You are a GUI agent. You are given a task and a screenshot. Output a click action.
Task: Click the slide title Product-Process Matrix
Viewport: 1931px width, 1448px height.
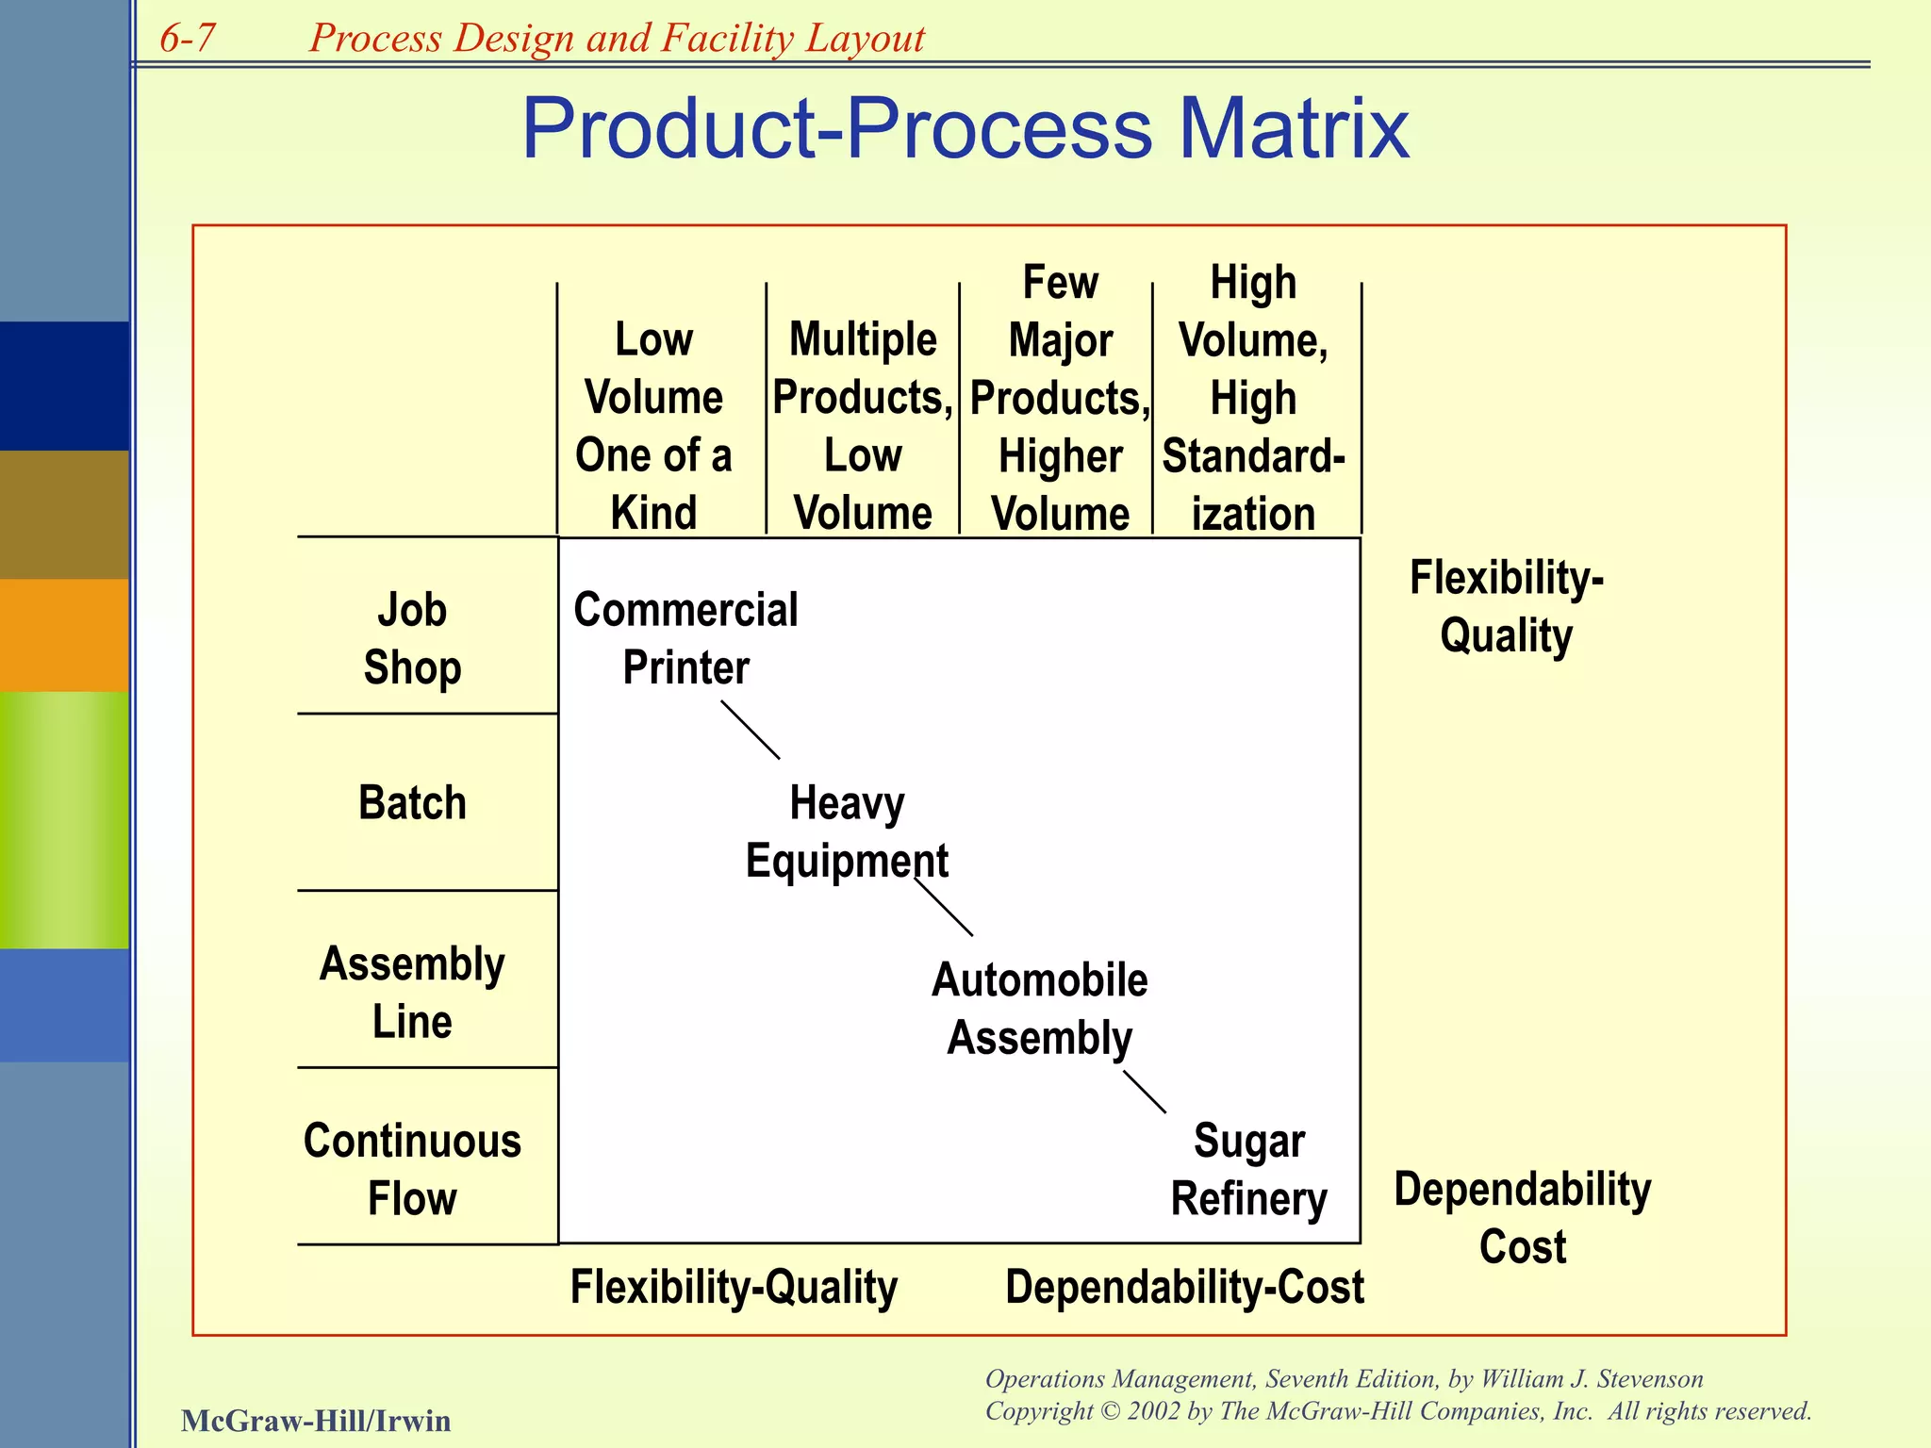pos(965,128)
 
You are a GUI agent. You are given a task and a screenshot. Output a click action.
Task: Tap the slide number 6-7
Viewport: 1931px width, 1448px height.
pos(188,39)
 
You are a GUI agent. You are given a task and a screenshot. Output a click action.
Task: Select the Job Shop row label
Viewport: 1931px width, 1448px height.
pos(412,638)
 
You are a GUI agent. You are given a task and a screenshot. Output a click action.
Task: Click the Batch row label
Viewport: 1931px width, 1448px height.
pos(412,803)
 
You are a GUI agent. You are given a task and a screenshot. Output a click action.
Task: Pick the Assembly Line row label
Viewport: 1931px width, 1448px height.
pos(412,992)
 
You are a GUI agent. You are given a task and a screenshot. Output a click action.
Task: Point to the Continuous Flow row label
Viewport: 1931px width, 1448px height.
pos(412,1169)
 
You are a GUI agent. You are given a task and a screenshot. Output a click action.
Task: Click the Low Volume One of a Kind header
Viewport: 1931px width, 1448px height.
pos(653,426)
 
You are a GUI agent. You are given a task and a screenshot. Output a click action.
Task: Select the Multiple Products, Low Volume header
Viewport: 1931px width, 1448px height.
pos(863,426)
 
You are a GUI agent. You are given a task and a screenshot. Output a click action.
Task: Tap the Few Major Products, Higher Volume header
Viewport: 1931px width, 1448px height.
pos(1060,398)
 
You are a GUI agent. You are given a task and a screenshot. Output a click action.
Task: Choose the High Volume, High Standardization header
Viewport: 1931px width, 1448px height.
pos(1253,398)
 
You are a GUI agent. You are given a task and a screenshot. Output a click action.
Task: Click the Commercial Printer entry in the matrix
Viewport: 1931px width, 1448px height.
pos(685,638)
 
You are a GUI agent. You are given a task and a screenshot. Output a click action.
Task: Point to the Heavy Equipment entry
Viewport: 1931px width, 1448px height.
pos(847,831)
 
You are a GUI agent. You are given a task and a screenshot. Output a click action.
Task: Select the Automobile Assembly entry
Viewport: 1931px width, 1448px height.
pos(1039,1009)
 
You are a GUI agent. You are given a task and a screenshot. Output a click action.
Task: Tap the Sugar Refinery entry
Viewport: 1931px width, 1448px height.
pos(1248,1169)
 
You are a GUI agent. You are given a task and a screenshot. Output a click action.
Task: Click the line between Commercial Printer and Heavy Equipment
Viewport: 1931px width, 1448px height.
pos(751,730)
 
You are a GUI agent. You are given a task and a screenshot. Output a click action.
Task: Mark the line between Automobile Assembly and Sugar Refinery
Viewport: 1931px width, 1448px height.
pos(1145,1092)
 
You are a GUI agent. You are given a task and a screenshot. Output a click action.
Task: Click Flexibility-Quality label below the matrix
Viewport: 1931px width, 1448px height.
pos(734,1287)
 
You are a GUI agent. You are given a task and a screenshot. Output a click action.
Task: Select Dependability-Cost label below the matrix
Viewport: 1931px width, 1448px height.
pos(1184,1287)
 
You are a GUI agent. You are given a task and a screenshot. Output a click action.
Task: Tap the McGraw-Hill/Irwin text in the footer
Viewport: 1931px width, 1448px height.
pos(316,1420)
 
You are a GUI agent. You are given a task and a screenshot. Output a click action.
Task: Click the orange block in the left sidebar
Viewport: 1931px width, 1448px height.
pos(64,634)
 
